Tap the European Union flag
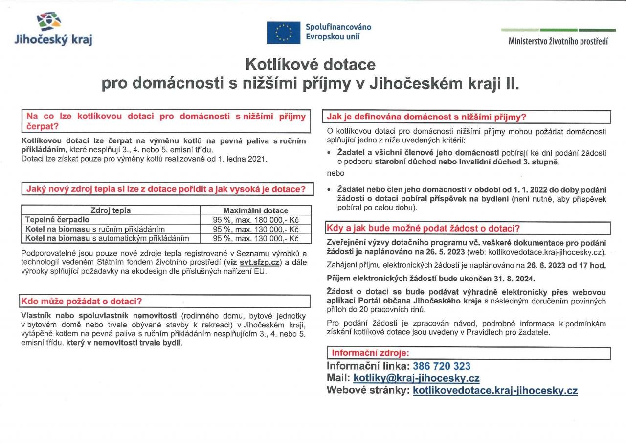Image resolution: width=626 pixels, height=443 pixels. click(x=284, y=32)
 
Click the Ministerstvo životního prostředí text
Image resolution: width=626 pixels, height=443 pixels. click(x=558, y=41)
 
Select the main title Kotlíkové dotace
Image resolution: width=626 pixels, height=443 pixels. click(x=310, y=64)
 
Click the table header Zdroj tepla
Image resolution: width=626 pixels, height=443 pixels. click(x=111, y=210)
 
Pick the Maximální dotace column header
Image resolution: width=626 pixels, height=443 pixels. click(x=256, y=210)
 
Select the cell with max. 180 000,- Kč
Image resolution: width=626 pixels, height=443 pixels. click(x=256, y=220)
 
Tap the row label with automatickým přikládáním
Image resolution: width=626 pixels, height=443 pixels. click(x=107, y=238)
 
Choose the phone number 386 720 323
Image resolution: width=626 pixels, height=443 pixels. click(x=442, y=366)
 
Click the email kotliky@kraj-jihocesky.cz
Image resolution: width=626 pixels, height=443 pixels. click(x=416, y=378)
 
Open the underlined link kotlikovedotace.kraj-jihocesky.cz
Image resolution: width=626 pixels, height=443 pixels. click(x=495, y=390)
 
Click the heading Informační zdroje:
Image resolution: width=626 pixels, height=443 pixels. click(x=370, y=353)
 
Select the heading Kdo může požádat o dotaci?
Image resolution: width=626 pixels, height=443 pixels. click(x=82, y=301)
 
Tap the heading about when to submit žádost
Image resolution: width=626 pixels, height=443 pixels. click(x=423, y=228)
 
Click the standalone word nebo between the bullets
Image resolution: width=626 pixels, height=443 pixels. click(x=335, y=173)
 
